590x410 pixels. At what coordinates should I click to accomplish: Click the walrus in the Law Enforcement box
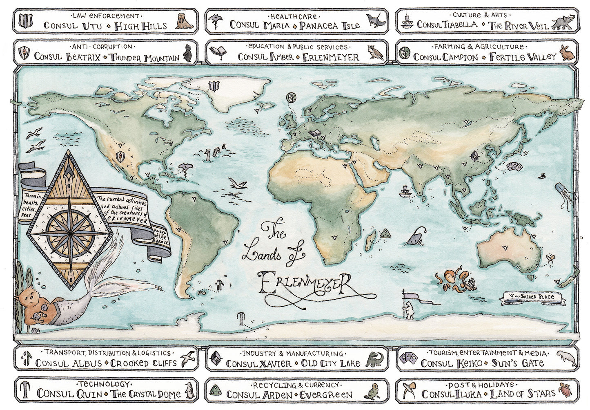(185, 22)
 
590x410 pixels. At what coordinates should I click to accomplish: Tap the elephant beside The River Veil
(564, 22)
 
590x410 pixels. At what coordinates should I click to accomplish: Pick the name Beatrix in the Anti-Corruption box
(82, 57)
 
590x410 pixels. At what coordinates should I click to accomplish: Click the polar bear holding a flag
(409, 310)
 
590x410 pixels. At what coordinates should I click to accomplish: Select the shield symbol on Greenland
(214, 87)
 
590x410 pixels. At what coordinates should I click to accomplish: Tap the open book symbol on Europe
(315, 133)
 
